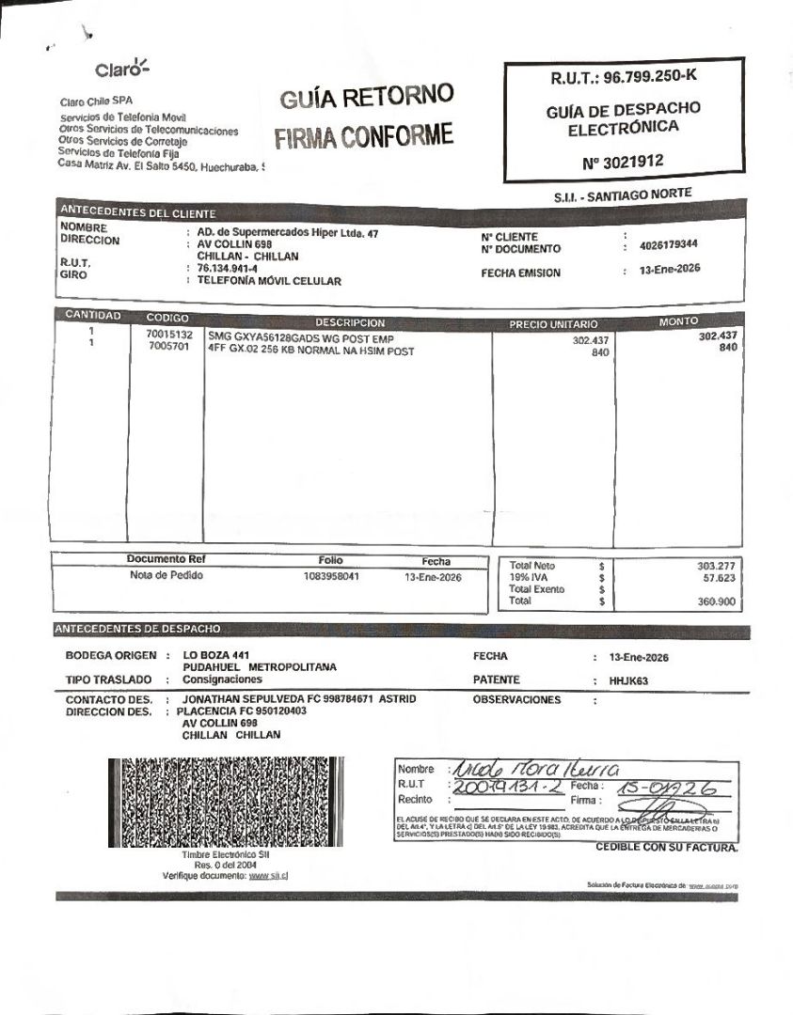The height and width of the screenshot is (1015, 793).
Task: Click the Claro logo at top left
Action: pos(122,69)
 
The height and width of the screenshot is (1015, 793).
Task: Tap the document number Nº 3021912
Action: pos(623,162)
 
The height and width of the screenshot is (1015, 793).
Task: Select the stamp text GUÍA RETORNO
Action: pos(366,97)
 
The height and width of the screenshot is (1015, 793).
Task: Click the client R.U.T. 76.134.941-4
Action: pos(228,268)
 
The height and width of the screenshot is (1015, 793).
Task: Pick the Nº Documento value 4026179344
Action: pos(668,245)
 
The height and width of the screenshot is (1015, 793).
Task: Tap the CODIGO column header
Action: pos(167,318)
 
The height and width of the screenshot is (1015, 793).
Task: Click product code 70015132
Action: pos(169,335)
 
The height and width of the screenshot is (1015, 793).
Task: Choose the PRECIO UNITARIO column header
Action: pos(553,323)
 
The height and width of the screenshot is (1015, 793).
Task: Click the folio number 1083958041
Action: pos(331,576)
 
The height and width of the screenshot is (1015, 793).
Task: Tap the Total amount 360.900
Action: pos(716,601)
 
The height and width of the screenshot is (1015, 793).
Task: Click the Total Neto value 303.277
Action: pos(716,566)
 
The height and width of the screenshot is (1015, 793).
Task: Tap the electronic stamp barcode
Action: pos(198,802)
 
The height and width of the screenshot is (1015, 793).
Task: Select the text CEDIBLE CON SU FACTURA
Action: pos(666,848)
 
